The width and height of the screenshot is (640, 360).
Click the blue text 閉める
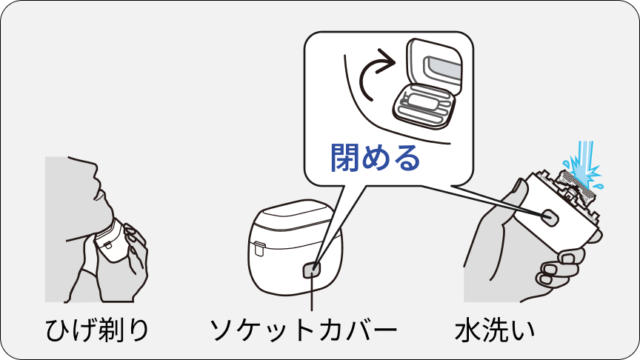tap(375, 158)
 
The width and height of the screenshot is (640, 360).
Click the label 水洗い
tap(494, 330)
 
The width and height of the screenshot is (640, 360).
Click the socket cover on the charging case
tap(313, 270)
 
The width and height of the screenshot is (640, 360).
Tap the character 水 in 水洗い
tap(469, 330)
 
